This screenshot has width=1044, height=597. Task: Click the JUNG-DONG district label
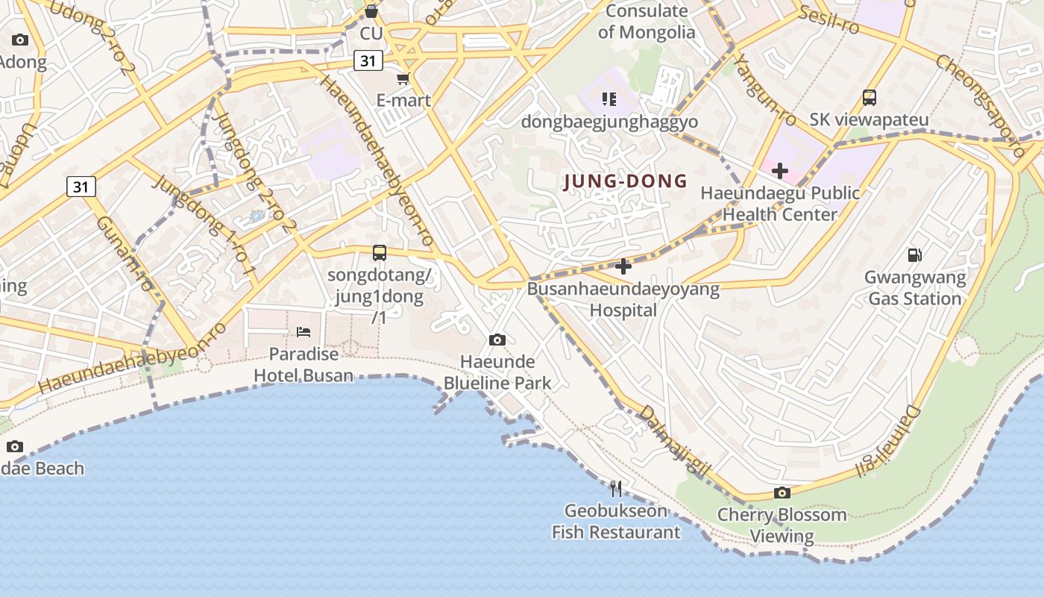click(626, 181)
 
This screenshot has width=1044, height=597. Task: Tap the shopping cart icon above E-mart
click(403, 78)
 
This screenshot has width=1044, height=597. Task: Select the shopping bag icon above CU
click(371, 11)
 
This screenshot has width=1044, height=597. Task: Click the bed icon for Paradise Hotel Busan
click(304, 331)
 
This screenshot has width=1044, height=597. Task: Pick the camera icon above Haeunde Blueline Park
click(497, 340)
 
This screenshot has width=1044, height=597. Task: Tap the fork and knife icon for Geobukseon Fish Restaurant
click(616, 489)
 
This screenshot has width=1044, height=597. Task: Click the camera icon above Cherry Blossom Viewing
click(782, 493)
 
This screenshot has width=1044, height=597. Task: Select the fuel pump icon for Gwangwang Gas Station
click(914, 255)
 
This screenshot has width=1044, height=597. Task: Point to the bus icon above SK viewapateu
click(870, 97)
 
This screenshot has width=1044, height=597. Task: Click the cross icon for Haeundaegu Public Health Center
click(780, 171)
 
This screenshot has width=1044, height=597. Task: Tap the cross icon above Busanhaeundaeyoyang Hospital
click(623, 266)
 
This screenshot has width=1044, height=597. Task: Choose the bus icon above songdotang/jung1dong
click(380, 253)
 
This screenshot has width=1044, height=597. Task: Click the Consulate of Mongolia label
click(646, 22)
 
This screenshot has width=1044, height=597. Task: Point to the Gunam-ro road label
click(126, 254)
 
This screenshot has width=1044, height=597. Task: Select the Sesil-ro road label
click(828, 19)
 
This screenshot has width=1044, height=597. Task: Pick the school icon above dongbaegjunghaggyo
click(609, 99)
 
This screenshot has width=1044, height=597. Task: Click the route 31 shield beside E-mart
click(368, 60)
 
